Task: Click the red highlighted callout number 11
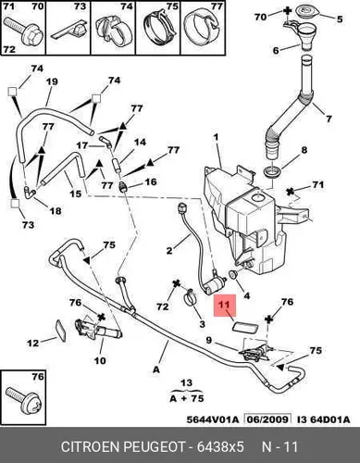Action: (225, 305)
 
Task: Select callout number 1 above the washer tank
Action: (216, 136)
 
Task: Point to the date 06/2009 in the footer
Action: (267, 419)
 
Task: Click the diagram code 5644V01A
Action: (213, 419)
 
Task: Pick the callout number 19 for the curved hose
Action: (52, 81)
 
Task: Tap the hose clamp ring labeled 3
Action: (191, 299)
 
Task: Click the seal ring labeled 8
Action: (272, 170)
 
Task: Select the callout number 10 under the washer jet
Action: (100, 360)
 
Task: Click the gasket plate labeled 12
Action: (61, 332)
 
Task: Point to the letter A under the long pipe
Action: (156, 369)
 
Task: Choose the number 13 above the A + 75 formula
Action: (186, 383)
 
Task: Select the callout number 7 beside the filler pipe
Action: (329, 119)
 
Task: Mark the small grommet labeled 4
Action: (232, 274)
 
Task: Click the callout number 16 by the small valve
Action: (151, 181)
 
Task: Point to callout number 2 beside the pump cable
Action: (169, 250)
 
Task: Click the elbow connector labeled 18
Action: (31, 192)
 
